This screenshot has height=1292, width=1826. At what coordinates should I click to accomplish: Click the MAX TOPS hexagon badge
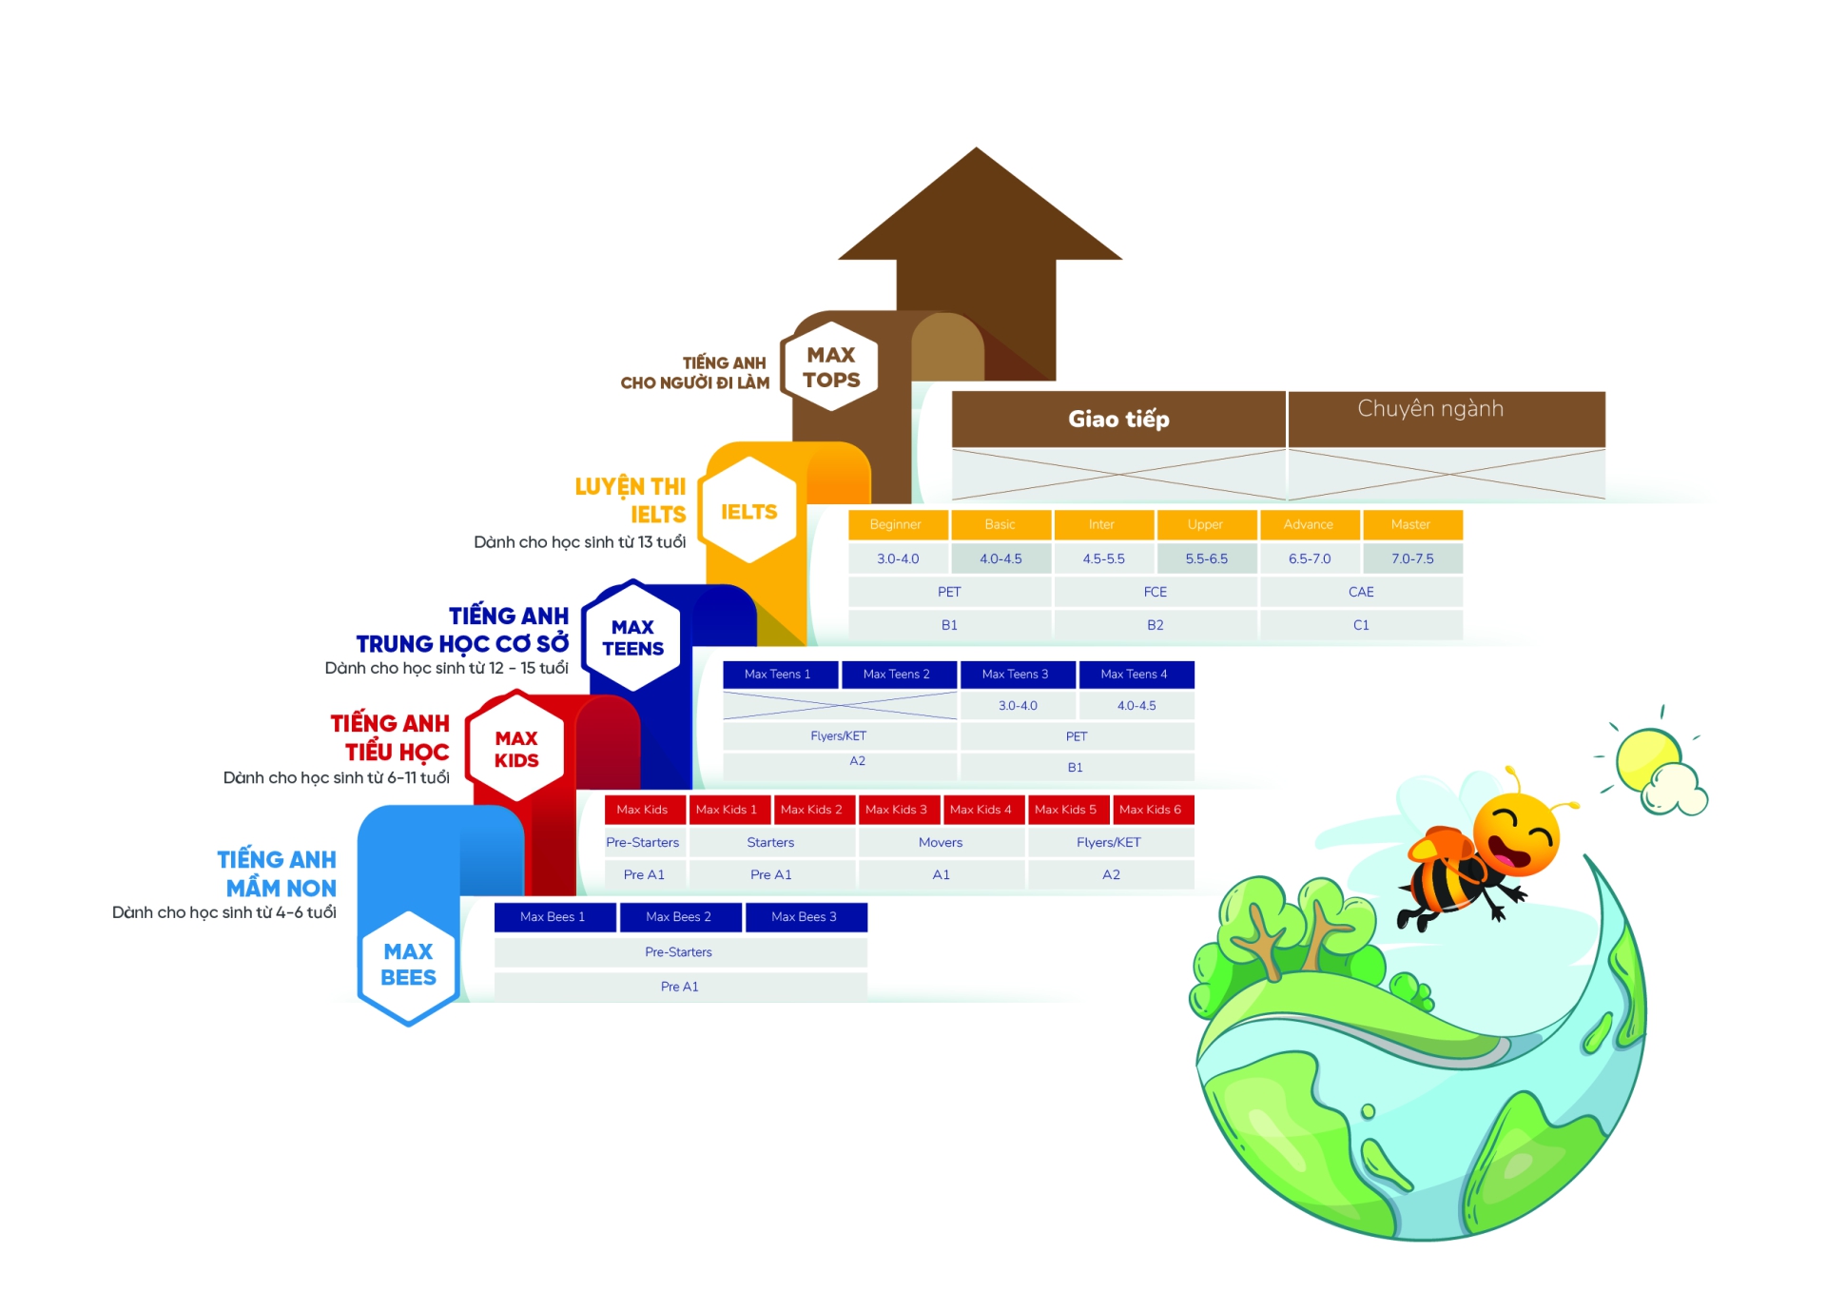830,367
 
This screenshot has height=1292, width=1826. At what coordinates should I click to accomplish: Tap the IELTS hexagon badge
748,512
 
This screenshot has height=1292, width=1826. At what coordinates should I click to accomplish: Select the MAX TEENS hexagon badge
632,637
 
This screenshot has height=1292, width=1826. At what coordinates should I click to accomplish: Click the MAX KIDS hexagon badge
515,749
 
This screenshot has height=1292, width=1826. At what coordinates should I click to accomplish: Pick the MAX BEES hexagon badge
408,965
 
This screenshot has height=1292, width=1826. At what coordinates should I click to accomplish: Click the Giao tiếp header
1118,419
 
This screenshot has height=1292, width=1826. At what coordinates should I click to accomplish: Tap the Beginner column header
896,524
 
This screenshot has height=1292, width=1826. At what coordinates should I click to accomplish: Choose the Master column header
1411,524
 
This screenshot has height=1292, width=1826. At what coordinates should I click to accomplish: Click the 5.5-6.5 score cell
1206,558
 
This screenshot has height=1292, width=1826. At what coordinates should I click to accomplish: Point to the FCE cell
1155,592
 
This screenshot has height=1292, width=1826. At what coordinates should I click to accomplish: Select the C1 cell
1361,625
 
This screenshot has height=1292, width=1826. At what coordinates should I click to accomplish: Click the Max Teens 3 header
1016,674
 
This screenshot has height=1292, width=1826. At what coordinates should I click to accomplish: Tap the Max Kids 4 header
981,810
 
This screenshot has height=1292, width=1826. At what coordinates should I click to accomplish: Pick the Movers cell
941,842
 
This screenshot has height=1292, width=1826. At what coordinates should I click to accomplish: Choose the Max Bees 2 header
679,916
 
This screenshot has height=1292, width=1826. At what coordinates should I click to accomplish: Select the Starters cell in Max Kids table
770,842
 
